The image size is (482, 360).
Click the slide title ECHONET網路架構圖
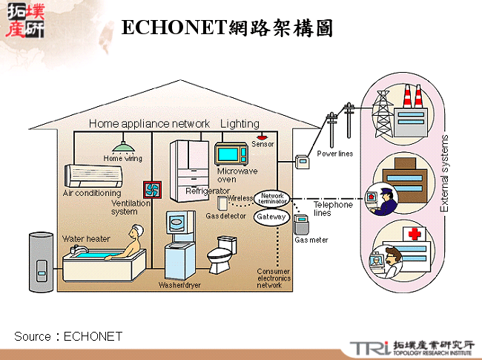click(x=226, y=27)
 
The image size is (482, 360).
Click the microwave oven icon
click(x=231, y=154)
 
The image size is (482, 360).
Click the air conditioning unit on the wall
click(x=93, y=175)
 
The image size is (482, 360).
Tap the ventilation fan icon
click(x=152, y=190)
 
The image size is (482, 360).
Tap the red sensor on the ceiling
click(x=262, y=138)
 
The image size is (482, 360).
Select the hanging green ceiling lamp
click(x=123, y=147)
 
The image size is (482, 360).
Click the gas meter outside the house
click(x=301, y=225)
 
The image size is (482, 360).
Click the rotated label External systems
click(x=445, y=174)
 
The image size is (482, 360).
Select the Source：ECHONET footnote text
click(x=68, y=336)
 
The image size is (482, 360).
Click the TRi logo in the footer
click(x=369, y=347)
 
